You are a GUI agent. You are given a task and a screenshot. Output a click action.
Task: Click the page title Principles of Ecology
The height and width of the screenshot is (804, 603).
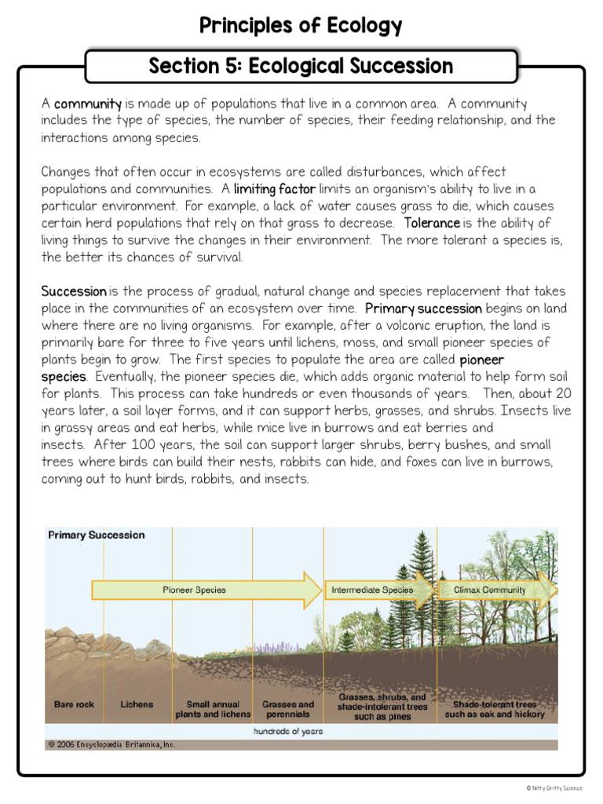click(x=301, y=26)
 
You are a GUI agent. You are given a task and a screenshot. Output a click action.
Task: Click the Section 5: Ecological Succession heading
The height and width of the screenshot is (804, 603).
click(x=301, y=66)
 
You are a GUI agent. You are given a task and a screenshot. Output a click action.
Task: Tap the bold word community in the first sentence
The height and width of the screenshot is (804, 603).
click(x=88, y=104)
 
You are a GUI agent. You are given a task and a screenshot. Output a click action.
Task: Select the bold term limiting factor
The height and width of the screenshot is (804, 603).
click(x=274, y=189)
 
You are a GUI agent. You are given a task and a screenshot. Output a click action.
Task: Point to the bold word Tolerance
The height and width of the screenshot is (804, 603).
click(x=432, y=224)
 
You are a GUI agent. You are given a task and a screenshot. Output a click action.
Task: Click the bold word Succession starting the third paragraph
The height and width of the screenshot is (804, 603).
click(x=74, y=291)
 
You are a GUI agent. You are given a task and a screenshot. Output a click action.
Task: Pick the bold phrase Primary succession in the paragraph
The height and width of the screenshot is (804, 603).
click(x=423, y=309)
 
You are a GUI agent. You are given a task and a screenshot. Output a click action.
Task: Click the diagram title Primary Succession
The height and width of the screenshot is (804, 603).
click(x=97, y=535)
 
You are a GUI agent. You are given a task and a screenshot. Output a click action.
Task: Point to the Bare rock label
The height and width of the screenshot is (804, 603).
click(x=74, y=704)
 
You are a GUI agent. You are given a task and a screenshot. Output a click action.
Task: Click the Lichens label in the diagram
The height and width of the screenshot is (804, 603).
click(x=137, y=704)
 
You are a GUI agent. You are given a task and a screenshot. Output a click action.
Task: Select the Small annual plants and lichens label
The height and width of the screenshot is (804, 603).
click(x=213, y=709)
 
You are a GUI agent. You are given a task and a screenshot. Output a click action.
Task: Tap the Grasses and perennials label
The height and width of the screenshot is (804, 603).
click(x=287, y=709)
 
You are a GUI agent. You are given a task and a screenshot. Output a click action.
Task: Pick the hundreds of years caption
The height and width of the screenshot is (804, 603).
click(x=287, y=731)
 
